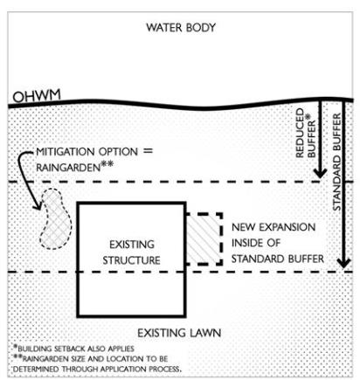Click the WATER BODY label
pos(181,28)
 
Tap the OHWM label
pos(37,96)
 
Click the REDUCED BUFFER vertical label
pos(305,133)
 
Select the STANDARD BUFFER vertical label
pos(336,162)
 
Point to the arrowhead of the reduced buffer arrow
pos(320,173)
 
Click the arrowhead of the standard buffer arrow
pos(344,263)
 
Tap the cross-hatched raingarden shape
pos(55,218)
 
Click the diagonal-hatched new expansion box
pos(204,239)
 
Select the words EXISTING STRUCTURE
pos(131,252)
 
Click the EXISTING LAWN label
pos(179,333)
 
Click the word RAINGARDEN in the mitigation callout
pos(68,168)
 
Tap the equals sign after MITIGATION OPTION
pos(148,151)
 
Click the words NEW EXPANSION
pos(273,227)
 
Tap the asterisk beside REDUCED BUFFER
pos(308,117)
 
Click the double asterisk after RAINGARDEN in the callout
pos(107,165)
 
